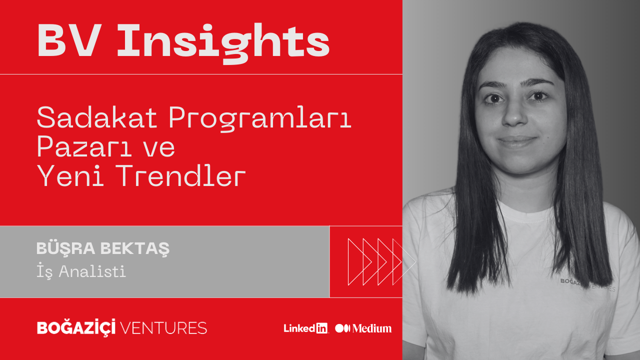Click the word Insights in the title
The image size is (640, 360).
click(x=223, y=43)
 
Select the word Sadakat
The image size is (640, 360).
click(x=97, y=117)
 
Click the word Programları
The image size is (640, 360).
click(x=259, y=119)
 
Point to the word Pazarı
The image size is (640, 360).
click(x=84, y=146)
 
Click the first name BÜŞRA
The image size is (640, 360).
click(x=65, y=248)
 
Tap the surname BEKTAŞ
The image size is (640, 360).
click(x=135, y=248)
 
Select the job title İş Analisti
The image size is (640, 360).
click(x=81, y=270)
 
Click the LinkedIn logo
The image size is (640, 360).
click(x=305, y=328)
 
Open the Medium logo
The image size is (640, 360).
click(x=363, y=328)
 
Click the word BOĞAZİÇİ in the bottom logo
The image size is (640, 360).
click(x=76, y=327)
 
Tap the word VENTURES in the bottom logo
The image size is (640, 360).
click(x=163, y=327)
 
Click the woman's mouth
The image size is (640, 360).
click(x=517, y=141)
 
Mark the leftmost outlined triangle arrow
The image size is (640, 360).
click(x=359, y=261)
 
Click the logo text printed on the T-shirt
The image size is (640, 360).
click(x=587, y=284)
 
